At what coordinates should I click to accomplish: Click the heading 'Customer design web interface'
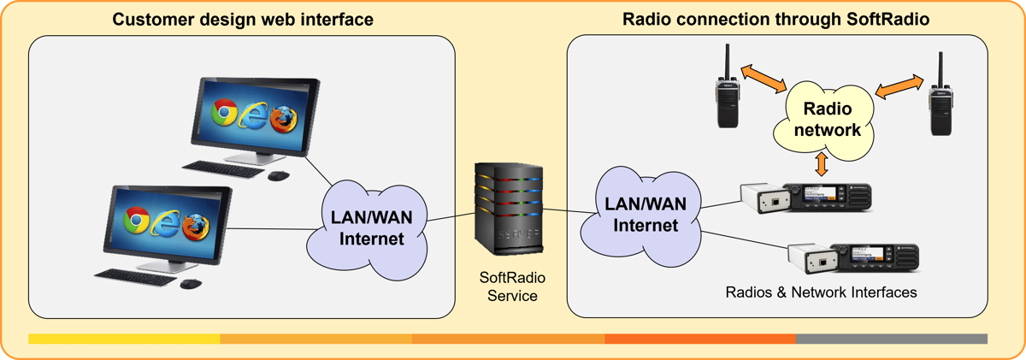(244, 19)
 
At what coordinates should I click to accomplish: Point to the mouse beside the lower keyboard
(190, 283)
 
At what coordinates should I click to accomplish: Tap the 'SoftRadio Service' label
(512, 286)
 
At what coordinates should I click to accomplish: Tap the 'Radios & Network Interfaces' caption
(821, 292)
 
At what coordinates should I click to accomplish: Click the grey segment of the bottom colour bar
(891, 339)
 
